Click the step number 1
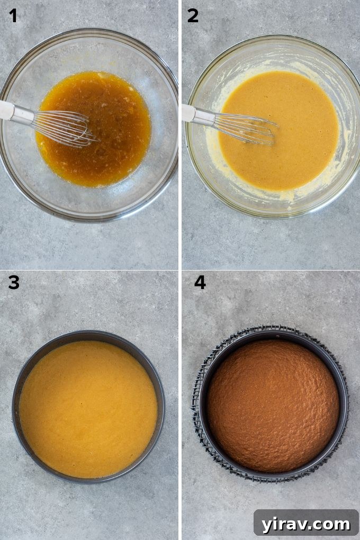[13, 16]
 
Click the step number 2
[193, 16]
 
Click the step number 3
[13, 283]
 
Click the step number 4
[200, 283]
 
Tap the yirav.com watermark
[306, 524]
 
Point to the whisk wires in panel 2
[246, 127]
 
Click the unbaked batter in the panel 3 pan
[88, 408]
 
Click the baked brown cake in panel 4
[273, 405]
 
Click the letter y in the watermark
[268, 526]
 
